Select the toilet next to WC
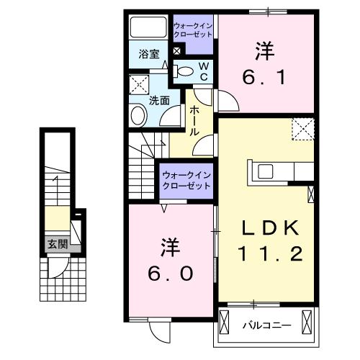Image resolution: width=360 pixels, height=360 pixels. tap(184, 71)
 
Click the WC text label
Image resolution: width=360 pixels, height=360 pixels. tap(203, 71)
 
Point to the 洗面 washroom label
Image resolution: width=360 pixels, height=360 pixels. tap(158, 101)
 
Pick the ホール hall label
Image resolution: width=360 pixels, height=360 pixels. tap(195, 121)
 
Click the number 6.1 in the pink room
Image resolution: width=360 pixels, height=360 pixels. tap(264, 75)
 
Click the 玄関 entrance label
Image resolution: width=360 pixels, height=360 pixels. tap(58, 244)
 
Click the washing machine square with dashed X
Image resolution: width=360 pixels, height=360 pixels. tap(138, 84)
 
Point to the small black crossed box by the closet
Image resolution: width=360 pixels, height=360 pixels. tap(177, 52)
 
